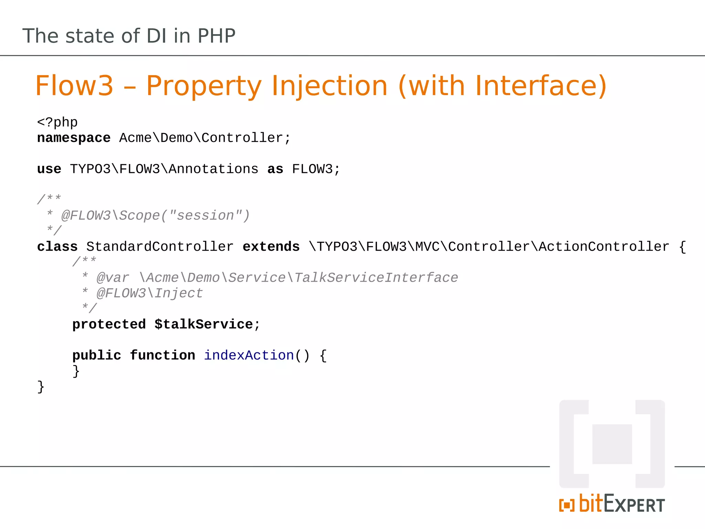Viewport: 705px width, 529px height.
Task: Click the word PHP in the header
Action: (x=217, y=36)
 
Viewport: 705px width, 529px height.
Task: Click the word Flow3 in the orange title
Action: (x=74, y=86)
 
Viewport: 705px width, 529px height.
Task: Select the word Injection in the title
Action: (x=330, y=86)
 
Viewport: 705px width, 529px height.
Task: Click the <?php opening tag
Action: (x=57, y=123)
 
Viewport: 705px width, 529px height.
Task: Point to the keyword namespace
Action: (x=74, y=138)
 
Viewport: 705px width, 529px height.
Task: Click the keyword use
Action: (x=49, y=169)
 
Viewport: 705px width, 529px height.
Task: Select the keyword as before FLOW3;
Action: (x=275, y=169)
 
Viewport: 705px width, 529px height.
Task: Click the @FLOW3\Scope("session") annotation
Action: (x=155, y=216)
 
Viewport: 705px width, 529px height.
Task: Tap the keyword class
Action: (x=57, y=247)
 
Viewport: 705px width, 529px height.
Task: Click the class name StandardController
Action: (x=160, y=247)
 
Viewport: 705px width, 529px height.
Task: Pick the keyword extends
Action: (x=271, y=247)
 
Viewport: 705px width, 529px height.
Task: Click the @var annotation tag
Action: (x=113, y=278)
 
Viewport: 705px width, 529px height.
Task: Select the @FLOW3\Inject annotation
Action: (x=150, y=293)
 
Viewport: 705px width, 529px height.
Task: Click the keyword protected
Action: (x=109, y=324)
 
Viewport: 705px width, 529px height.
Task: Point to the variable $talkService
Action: (x=204, y=324)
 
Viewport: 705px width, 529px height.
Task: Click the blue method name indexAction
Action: (x=249, y=355)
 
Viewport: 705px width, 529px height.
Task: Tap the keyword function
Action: (x=162, y=355)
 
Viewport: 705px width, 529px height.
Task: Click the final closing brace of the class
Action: (x=41, y=387)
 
